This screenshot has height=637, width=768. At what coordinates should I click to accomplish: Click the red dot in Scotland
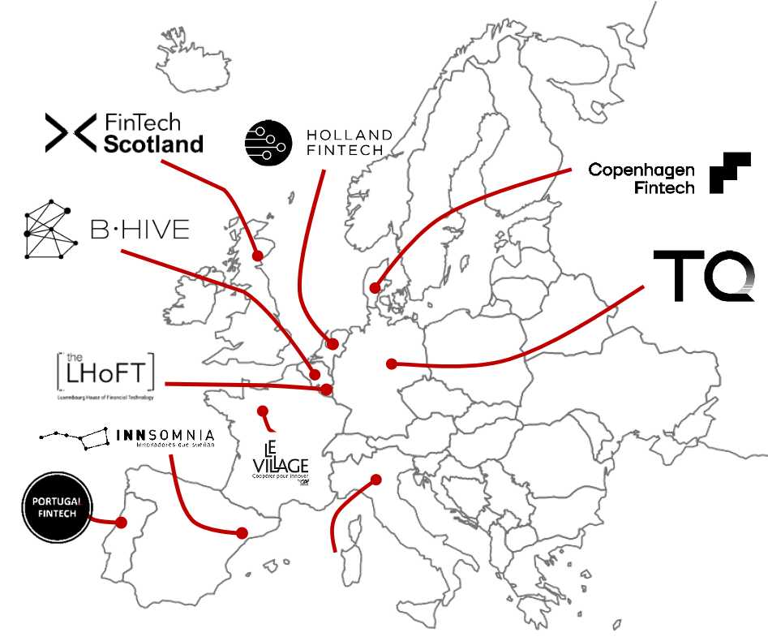pyautogui.click(x=258, y=256)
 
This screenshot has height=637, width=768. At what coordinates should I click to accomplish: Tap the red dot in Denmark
pyautogui.click(x=375, y=287)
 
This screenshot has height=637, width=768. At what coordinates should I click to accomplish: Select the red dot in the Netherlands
pyautogui.click(x=333, y=344)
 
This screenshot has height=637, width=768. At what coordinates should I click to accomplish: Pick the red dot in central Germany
pyautogui.click(x=392, y=364)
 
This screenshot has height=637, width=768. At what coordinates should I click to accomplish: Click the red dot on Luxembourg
pyautogui.click(x=326, y=390)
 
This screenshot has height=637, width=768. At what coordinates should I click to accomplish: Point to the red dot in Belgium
pyautogui.click(x=315, y=374)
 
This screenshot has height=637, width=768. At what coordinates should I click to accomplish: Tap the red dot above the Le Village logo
pyautogui.click(x=261, y=411)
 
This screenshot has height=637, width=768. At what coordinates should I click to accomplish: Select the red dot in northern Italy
pyautogui.click(x=375, y=480)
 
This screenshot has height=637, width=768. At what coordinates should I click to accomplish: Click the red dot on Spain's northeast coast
pyautogui.click(x=242, y=533)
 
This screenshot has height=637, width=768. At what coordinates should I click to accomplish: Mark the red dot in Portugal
pyautogui.click(x=122, y=522)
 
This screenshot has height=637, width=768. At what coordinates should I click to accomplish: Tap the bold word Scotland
pyautogui.click(x=152, y=144)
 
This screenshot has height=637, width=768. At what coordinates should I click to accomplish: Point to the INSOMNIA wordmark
pyautogui.click(x=167, y=434)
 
